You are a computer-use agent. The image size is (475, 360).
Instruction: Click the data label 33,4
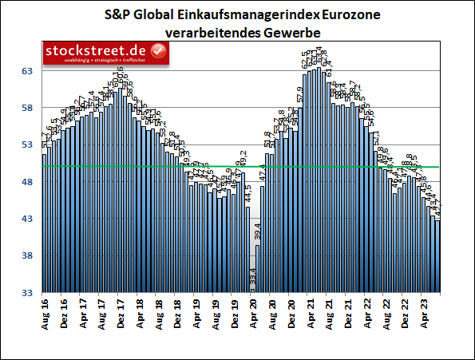253,282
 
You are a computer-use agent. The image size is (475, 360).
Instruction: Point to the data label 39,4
258,233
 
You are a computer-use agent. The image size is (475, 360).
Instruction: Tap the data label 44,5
248,193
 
